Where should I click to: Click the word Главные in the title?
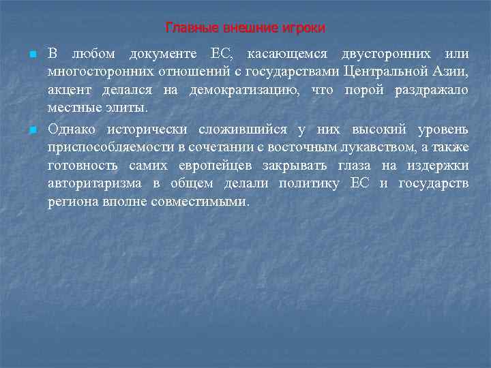click(188, 28)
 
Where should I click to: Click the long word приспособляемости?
click(119, 148)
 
